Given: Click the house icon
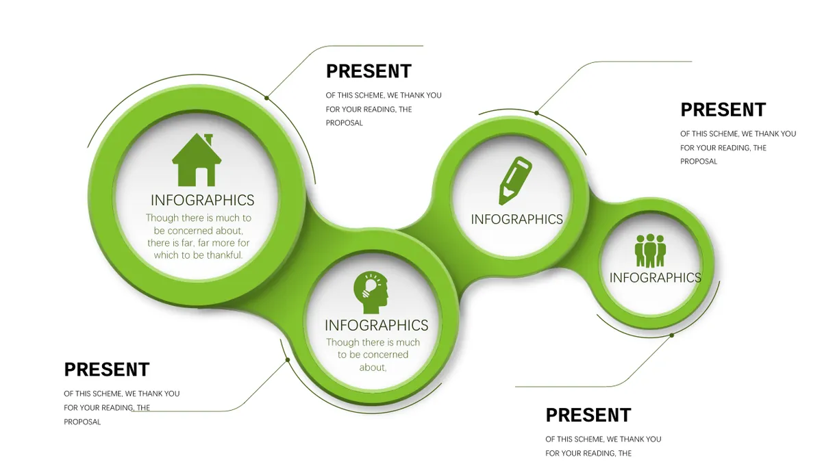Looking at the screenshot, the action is click(x=197, y=159).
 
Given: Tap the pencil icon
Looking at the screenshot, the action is click(x=515, y=181).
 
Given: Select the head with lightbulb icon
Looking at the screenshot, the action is click(x=371, y=293).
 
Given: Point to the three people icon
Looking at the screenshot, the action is click(x=650, y=251).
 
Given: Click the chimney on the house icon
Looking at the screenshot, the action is click(x=208, y=139).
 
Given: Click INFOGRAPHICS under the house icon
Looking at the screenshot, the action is click(x=203, y=200).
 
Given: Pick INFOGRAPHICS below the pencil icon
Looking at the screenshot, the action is click(x=516, y=219).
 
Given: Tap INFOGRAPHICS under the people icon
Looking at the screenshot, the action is click(x=656, y=278).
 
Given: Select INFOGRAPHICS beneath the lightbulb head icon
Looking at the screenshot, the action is click(x=377, y=325).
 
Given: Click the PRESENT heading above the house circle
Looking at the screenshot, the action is click(x=369, y=71).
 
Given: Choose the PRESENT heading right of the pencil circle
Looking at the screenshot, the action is click(x=723, y=110).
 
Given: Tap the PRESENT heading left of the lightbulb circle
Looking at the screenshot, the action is click(x=107, y=369).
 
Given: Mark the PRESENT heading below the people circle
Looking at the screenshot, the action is click(x=588, y=415).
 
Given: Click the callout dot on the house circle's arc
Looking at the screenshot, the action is click(x=266, y=98).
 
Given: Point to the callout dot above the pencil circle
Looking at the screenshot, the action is click(x=536, y=113).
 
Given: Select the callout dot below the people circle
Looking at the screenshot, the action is click(x=672, y=335).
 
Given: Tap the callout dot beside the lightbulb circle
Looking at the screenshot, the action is click(x=288, y=360).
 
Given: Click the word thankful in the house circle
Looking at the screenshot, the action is click(x=224, y=255).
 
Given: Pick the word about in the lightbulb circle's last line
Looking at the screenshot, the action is click(x=373, y=368).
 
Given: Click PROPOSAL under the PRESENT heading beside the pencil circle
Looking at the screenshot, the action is click(x=699, y=162).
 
